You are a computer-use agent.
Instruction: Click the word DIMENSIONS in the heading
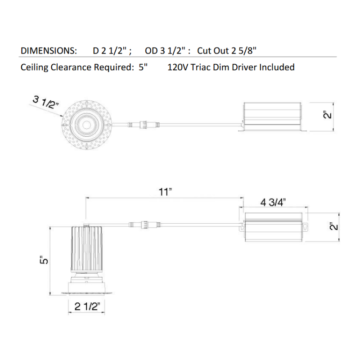(x=49, y=51)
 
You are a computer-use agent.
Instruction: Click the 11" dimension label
(x=165, y=192)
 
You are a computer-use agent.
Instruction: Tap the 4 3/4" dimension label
(x=273, y=202)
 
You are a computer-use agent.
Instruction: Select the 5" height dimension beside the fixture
(x=44, y=260)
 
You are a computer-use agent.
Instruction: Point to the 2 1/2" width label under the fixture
(x=87, y=306)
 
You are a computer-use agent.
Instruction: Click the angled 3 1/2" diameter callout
(x=46, y=103)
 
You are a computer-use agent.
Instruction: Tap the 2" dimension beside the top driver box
(x=328, y=115)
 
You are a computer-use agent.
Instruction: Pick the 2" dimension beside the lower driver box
(x=333, y=227)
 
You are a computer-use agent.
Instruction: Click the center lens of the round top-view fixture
(x=87, y=125)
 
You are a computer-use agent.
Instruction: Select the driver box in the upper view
(x=272, y=117)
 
